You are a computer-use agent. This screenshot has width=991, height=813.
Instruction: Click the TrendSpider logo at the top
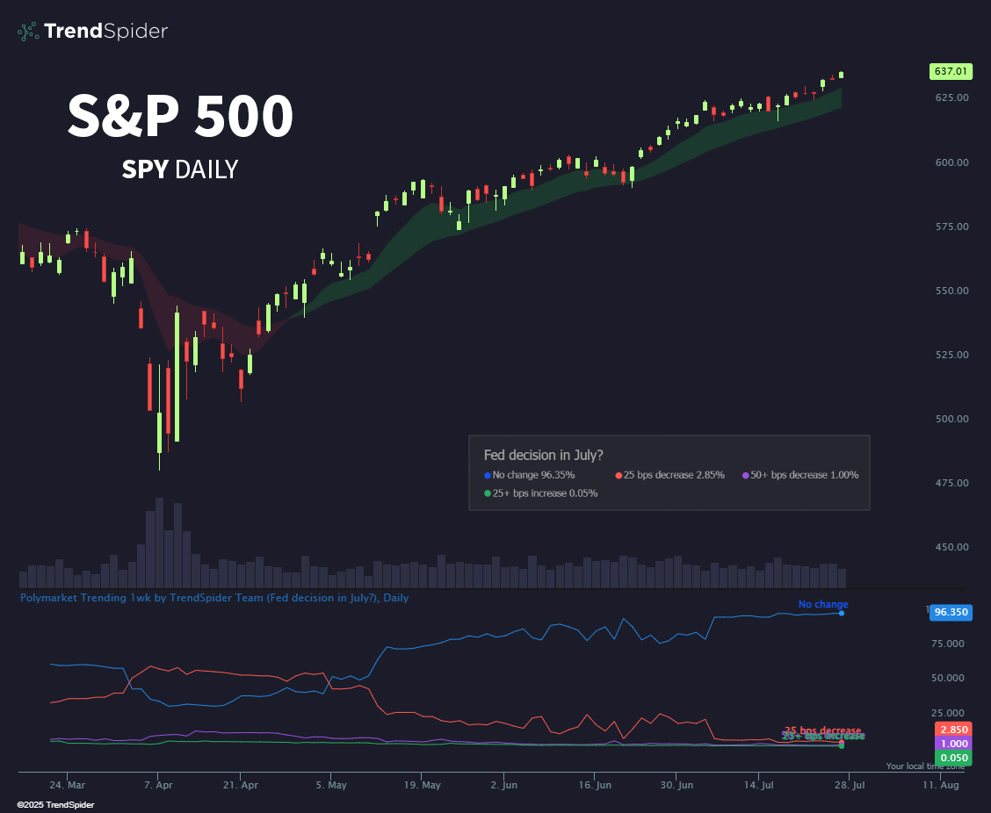click(92, 32)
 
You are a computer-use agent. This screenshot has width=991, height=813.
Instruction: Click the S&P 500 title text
click(180, 117)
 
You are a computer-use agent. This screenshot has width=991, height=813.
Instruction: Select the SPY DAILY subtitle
click(180, 169)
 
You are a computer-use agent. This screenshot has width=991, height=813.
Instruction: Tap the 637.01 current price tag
click(951, 71)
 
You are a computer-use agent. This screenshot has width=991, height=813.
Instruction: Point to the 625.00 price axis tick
click(950, 97)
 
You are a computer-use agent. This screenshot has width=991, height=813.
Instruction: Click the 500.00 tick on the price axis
click(950, 419)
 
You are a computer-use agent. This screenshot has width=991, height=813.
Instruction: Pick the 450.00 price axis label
click(950, 547)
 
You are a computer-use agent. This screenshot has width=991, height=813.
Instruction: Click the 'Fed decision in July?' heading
click(543, 455)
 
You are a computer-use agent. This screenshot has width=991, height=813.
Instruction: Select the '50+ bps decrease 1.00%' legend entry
click(799, 475)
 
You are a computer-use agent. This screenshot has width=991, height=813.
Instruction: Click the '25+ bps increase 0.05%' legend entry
click(540, 493)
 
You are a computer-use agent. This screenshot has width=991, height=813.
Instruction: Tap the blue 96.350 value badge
click(951, 613)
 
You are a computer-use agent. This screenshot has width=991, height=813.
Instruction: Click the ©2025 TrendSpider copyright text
click(55, 804)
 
